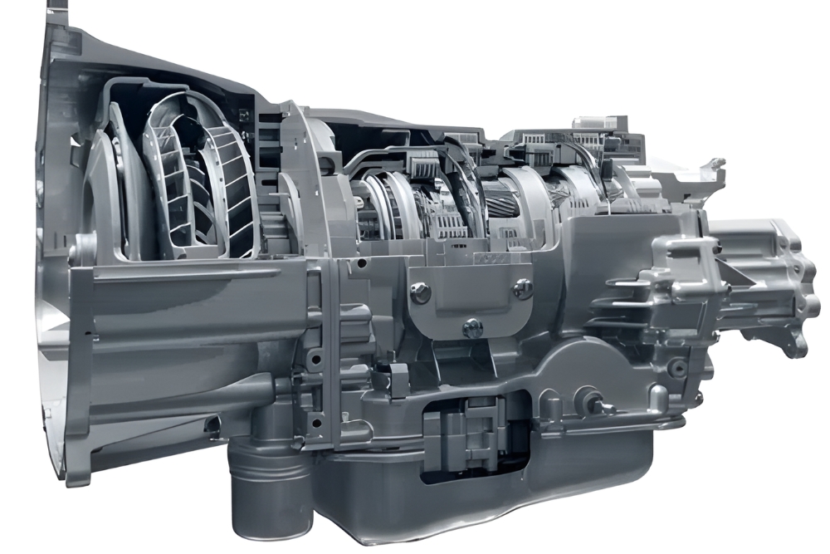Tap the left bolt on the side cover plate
[x=421, y=292]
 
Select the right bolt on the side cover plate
[x=523, y=289]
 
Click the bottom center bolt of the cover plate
[x=472, y=327]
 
